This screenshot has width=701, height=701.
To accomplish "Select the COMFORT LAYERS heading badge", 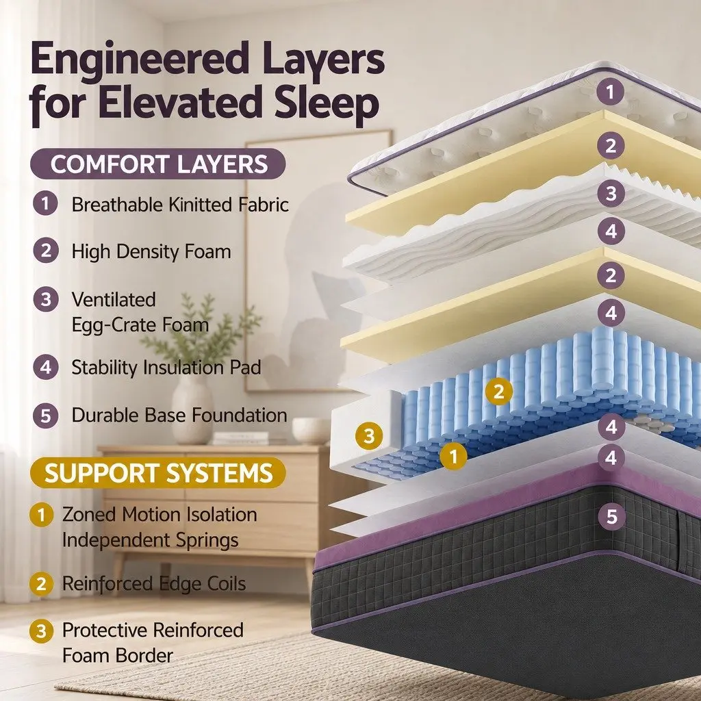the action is [x=158, y=164].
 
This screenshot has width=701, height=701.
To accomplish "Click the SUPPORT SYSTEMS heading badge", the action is [x=158, y=472].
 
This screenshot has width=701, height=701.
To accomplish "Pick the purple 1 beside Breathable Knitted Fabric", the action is [x=45, y=203].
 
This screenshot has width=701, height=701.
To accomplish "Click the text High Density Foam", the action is [x=151, y=251].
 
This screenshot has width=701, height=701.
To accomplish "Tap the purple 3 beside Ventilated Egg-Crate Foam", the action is [x=46, y=299].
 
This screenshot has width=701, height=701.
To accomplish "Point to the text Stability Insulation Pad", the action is [x=166, y=368].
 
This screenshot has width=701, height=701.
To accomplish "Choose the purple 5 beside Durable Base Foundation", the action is [x=46, y=416].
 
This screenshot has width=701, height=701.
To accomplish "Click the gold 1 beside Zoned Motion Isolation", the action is [x=42, y=515].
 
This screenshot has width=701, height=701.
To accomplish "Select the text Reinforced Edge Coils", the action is [x=154, y=583].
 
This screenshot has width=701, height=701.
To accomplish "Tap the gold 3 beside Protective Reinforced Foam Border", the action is [x=42, y=630].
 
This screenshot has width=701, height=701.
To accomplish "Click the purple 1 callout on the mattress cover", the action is [x=610, y=92].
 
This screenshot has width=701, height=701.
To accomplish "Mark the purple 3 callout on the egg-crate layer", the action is [x=611, y=194].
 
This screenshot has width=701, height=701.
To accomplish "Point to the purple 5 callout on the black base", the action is [x=611, y=516].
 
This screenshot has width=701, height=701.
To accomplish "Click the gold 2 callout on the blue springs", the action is [x=498, y=391].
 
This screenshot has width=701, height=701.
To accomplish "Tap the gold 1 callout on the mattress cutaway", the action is [x=453, y=457].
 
